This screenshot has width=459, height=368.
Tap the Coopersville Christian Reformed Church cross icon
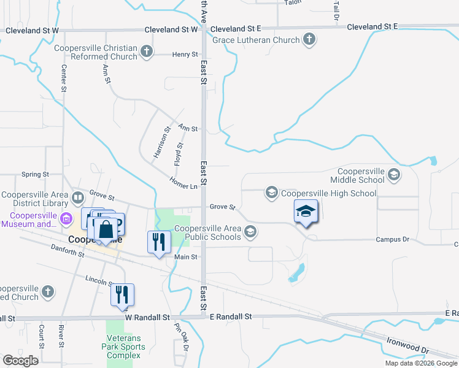(147, 52)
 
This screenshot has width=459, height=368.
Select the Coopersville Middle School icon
(393, 175)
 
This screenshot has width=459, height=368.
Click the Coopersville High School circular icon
(271, 193)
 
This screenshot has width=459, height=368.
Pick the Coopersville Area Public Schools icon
(250, 232)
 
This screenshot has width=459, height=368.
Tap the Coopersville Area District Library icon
(78, 198)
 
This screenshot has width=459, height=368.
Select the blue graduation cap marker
(306, 212)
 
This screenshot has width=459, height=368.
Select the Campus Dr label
(392, 240)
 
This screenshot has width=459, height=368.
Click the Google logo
(20, 361)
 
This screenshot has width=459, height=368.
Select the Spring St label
(35, 175)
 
